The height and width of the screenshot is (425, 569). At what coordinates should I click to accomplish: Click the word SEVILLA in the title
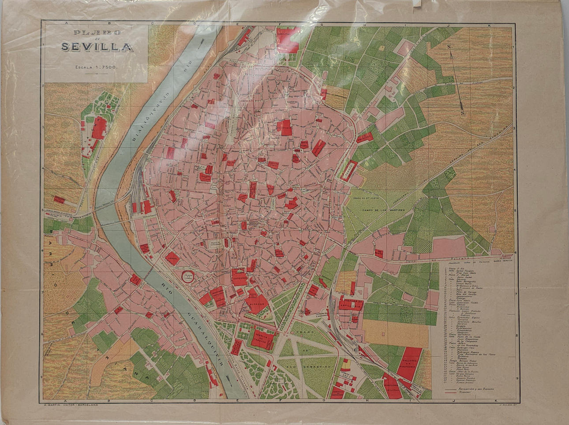click(x=97, y=47)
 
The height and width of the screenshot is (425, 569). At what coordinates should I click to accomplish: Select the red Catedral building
click(x=239, y=277)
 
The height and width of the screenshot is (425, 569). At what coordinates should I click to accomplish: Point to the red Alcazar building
click(x=257, y=303)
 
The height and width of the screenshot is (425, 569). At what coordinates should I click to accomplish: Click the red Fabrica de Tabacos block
click(x=263, y=338)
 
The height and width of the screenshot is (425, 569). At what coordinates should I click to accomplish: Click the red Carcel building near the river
click(x=172, y=258)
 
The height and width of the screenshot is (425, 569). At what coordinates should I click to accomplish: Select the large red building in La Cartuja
click(x=98, y=127)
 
